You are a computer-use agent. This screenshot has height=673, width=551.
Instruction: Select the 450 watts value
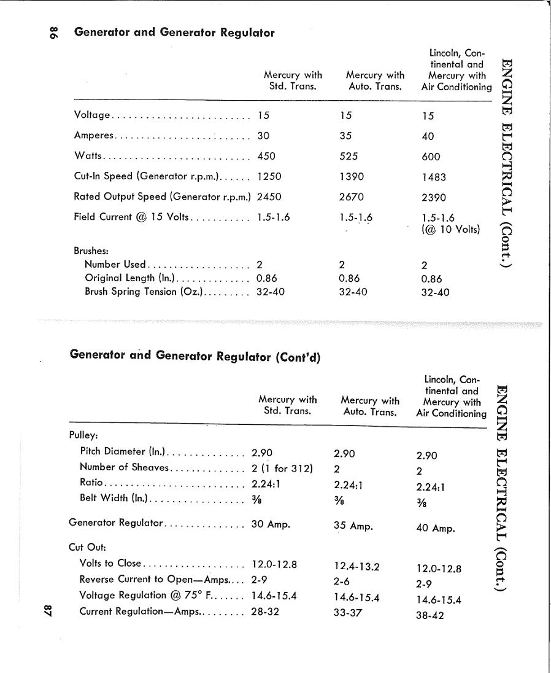(x=266, y=156)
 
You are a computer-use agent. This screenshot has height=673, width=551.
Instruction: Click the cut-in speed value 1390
(x=352, y=176)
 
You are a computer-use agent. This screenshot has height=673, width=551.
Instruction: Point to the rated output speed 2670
(x=352, y=197)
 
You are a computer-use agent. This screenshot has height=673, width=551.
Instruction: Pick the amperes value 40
(x=428, y=136)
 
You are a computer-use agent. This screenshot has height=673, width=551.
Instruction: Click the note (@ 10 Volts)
(x=450, y=230)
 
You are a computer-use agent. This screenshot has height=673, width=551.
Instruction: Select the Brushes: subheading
(x=91, y=251)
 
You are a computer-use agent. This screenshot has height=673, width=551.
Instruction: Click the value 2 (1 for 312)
(x=282, y=469)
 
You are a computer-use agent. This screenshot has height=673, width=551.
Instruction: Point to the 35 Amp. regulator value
(x=353, y=526)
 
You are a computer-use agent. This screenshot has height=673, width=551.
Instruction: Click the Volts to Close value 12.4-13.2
(x=356, y=567)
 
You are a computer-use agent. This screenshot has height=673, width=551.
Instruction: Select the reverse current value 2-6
(x=342, y=582)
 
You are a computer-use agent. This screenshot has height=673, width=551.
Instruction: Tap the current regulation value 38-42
(x=430, y=615)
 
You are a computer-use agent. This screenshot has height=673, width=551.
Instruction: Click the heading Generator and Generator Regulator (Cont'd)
(x=195, y=356)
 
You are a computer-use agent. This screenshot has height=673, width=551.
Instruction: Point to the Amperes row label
(x=93, y=136)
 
